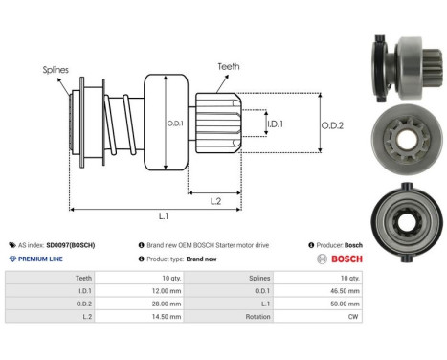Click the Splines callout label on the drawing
pos(56,70)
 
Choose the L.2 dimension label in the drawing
pos(216,199)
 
